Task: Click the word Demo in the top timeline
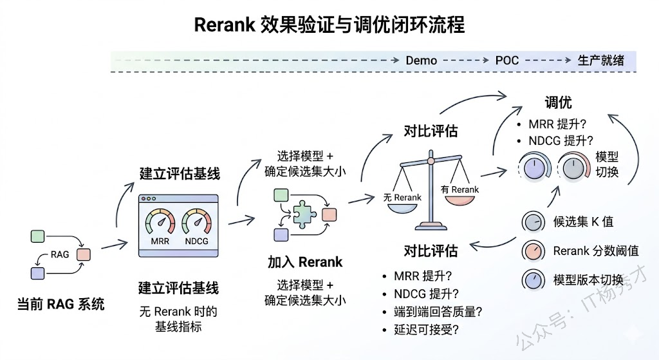pyautogui.click(x=421, y=61)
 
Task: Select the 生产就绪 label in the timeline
pyautogui.click(x=601, y=61)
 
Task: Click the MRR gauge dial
pyautogui.click(x=160, y=223)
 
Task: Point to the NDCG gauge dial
pyautogui.click(x=197, y=223)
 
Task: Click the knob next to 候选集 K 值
pyautogui.click(x=532, y=222)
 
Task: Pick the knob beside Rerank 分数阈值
pyautogui.click(x=532, y=251)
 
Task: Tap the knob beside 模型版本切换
pyautogui.click(x=532, y=280)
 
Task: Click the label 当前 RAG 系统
pyautogui.click(x=60, y=304)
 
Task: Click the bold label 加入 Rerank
pyautogui.click(x=305, y=262)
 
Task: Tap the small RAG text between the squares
pyautogui.click(x=60, y=254)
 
